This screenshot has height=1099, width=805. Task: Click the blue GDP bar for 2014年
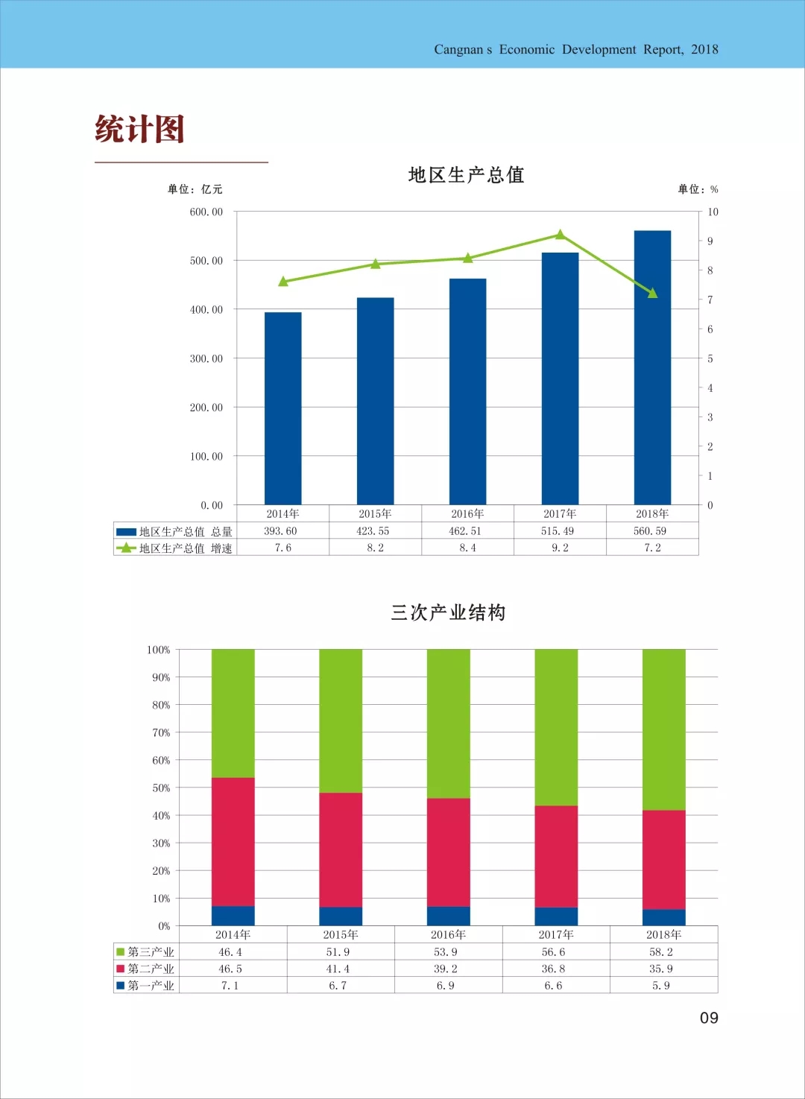pos(283,408)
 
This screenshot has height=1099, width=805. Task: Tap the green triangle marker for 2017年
pos(561,235)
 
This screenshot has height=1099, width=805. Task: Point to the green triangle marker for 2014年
pos(283,282)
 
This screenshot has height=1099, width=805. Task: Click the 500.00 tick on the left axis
pos(206,261)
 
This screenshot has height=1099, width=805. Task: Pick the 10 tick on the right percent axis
pos(713,212)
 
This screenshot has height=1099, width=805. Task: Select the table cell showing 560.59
pos(650,531)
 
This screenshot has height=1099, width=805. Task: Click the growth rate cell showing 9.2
pos(560,548)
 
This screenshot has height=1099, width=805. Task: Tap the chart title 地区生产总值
pos(467,175)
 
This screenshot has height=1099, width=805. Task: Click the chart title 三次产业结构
pos(448,612)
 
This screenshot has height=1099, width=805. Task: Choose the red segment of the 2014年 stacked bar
pos(233,842)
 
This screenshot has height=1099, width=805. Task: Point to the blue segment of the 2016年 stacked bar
pos(448,916)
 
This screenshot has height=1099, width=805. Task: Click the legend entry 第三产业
pos(145,952)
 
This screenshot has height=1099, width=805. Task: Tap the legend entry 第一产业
pos(145,986)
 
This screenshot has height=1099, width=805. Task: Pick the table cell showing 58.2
pos(661,952)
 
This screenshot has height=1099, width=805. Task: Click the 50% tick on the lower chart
pos(161,788)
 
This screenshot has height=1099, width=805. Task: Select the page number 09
pos(709,1018)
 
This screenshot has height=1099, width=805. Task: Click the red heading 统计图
pos(139,129)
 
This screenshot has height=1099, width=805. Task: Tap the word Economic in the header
pos(527,49)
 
